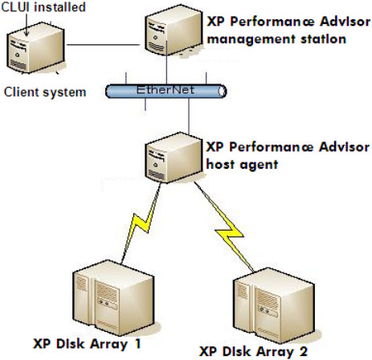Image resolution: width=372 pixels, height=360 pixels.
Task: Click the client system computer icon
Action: [36, 48]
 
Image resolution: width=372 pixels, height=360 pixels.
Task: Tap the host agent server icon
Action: [174, 157]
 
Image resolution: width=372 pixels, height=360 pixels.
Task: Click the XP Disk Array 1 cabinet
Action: [113, 298]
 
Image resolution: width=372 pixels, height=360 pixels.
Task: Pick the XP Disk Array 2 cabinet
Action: [274, 306]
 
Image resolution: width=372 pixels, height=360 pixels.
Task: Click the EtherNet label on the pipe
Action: [166, 90]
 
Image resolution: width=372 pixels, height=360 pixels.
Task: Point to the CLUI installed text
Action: [43, 7]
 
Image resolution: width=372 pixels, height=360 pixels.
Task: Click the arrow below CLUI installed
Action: [27, 25]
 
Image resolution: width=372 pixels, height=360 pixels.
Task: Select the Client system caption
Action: [45, 92]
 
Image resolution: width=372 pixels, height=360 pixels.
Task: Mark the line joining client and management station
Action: [103, 45]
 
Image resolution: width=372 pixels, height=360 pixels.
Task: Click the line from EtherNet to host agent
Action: [189, 116]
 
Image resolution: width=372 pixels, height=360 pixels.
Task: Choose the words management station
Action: [276, 39]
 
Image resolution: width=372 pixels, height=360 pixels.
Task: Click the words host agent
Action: [242, 165]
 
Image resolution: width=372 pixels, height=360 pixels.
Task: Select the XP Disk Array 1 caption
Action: [87, 344]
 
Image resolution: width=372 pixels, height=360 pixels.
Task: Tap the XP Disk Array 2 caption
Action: [253, 351]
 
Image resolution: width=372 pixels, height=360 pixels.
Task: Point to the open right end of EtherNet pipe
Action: [222, 92]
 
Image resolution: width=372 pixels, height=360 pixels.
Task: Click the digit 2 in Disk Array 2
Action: [303, 351]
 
